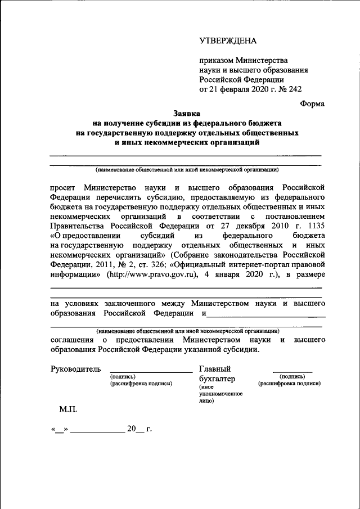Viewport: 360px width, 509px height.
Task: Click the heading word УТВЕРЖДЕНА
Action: click(x=228, y=40)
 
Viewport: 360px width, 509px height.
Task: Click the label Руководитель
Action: click(x=76, y=369)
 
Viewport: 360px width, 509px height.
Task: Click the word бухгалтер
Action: click(x=217, y=379)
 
